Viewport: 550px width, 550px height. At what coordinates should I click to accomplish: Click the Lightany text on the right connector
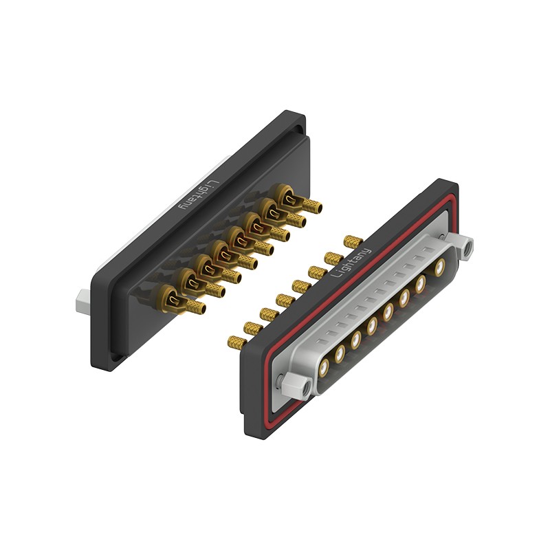point(351,263)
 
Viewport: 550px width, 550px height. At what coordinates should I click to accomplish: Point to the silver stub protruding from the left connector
point(84,300)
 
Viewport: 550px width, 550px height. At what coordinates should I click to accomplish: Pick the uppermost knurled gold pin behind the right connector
point(353,241)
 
